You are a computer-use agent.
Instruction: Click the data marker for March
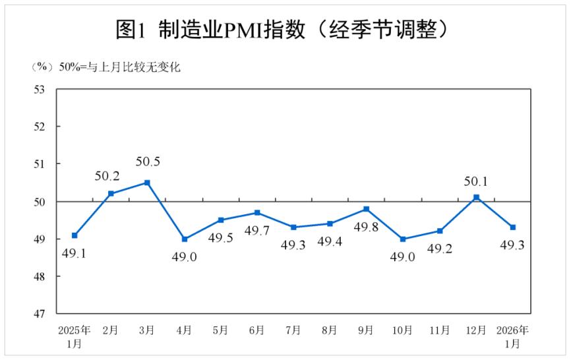click(x=148, y=183)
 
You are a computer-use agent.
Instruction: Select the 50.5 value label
click(x=148, y=162)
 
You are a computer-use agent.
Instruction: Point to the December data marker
click(x=476, y=197)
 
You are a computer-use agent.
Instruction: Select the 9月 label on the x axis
click(x=367, y=330)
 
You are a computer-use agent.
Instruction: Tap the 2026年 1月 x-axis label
click(x=512, y=336)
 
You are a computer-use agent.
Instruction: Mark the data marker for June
click(x=257, y=213)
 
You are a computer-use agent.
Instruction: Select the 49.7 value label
click(x=257, y=230)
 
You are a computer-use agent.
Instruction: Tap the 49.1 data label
click(x=75, y=253)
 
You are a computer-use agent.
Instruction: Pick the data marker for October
click(x=403, y=239)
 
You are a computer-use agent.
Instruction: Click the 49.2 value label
click(x=440, y=249)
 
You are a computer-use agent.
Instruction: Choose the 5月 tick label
click(x=221, y=330)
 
